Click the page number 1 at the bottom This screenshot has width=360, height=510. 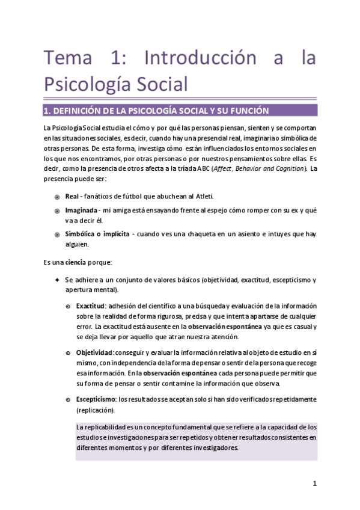314,483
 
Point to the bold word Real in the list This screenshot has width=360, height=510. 73,197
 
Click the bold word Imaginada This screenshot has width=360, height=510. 82,210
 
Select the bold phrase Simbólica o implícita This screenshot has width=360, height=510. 97,234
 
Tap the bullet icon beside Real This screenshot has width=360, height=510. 56,197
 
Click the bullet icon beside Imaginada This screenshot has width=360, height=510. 56,211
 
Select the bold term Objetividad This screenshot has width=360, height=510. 94,352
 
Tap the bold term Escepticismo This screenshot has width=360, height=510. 96,399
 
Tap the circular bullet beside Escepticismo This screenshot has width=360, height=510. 68,399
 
